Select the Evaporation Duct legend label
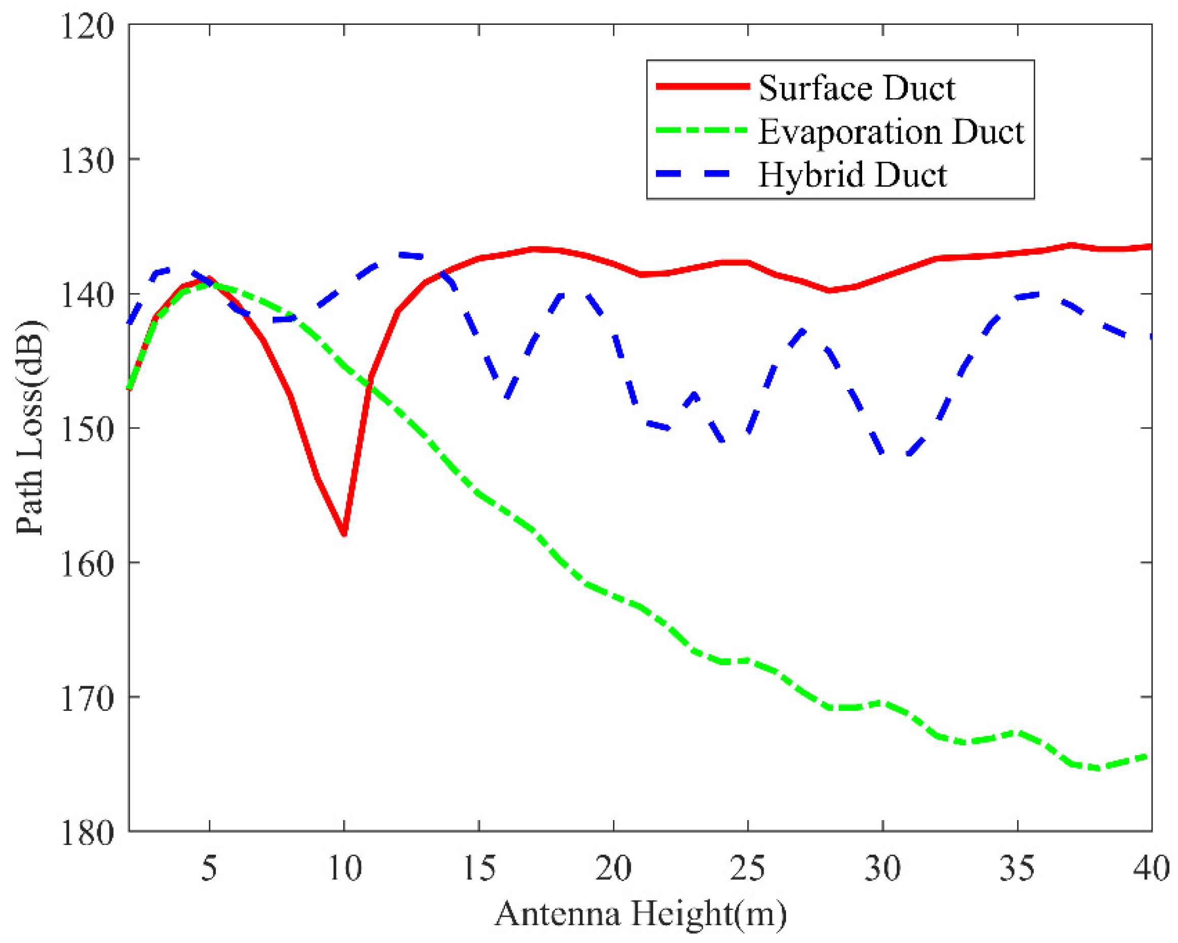tap(891, 132)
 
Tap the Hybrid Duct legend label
tap(852, 175)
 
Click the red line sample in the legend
tap(703, 86)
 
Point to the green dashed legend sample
tap(703, 130)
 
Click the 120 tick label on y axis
tap(87, 26)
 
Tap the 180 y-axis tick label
tap(87, 832)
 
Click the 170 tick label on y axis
tap(87, 698)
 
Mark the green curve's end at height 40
tap(1151, 756)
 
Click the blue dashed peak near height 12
tap(404, 254)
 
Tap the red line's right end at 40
tap(1151, 247)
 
